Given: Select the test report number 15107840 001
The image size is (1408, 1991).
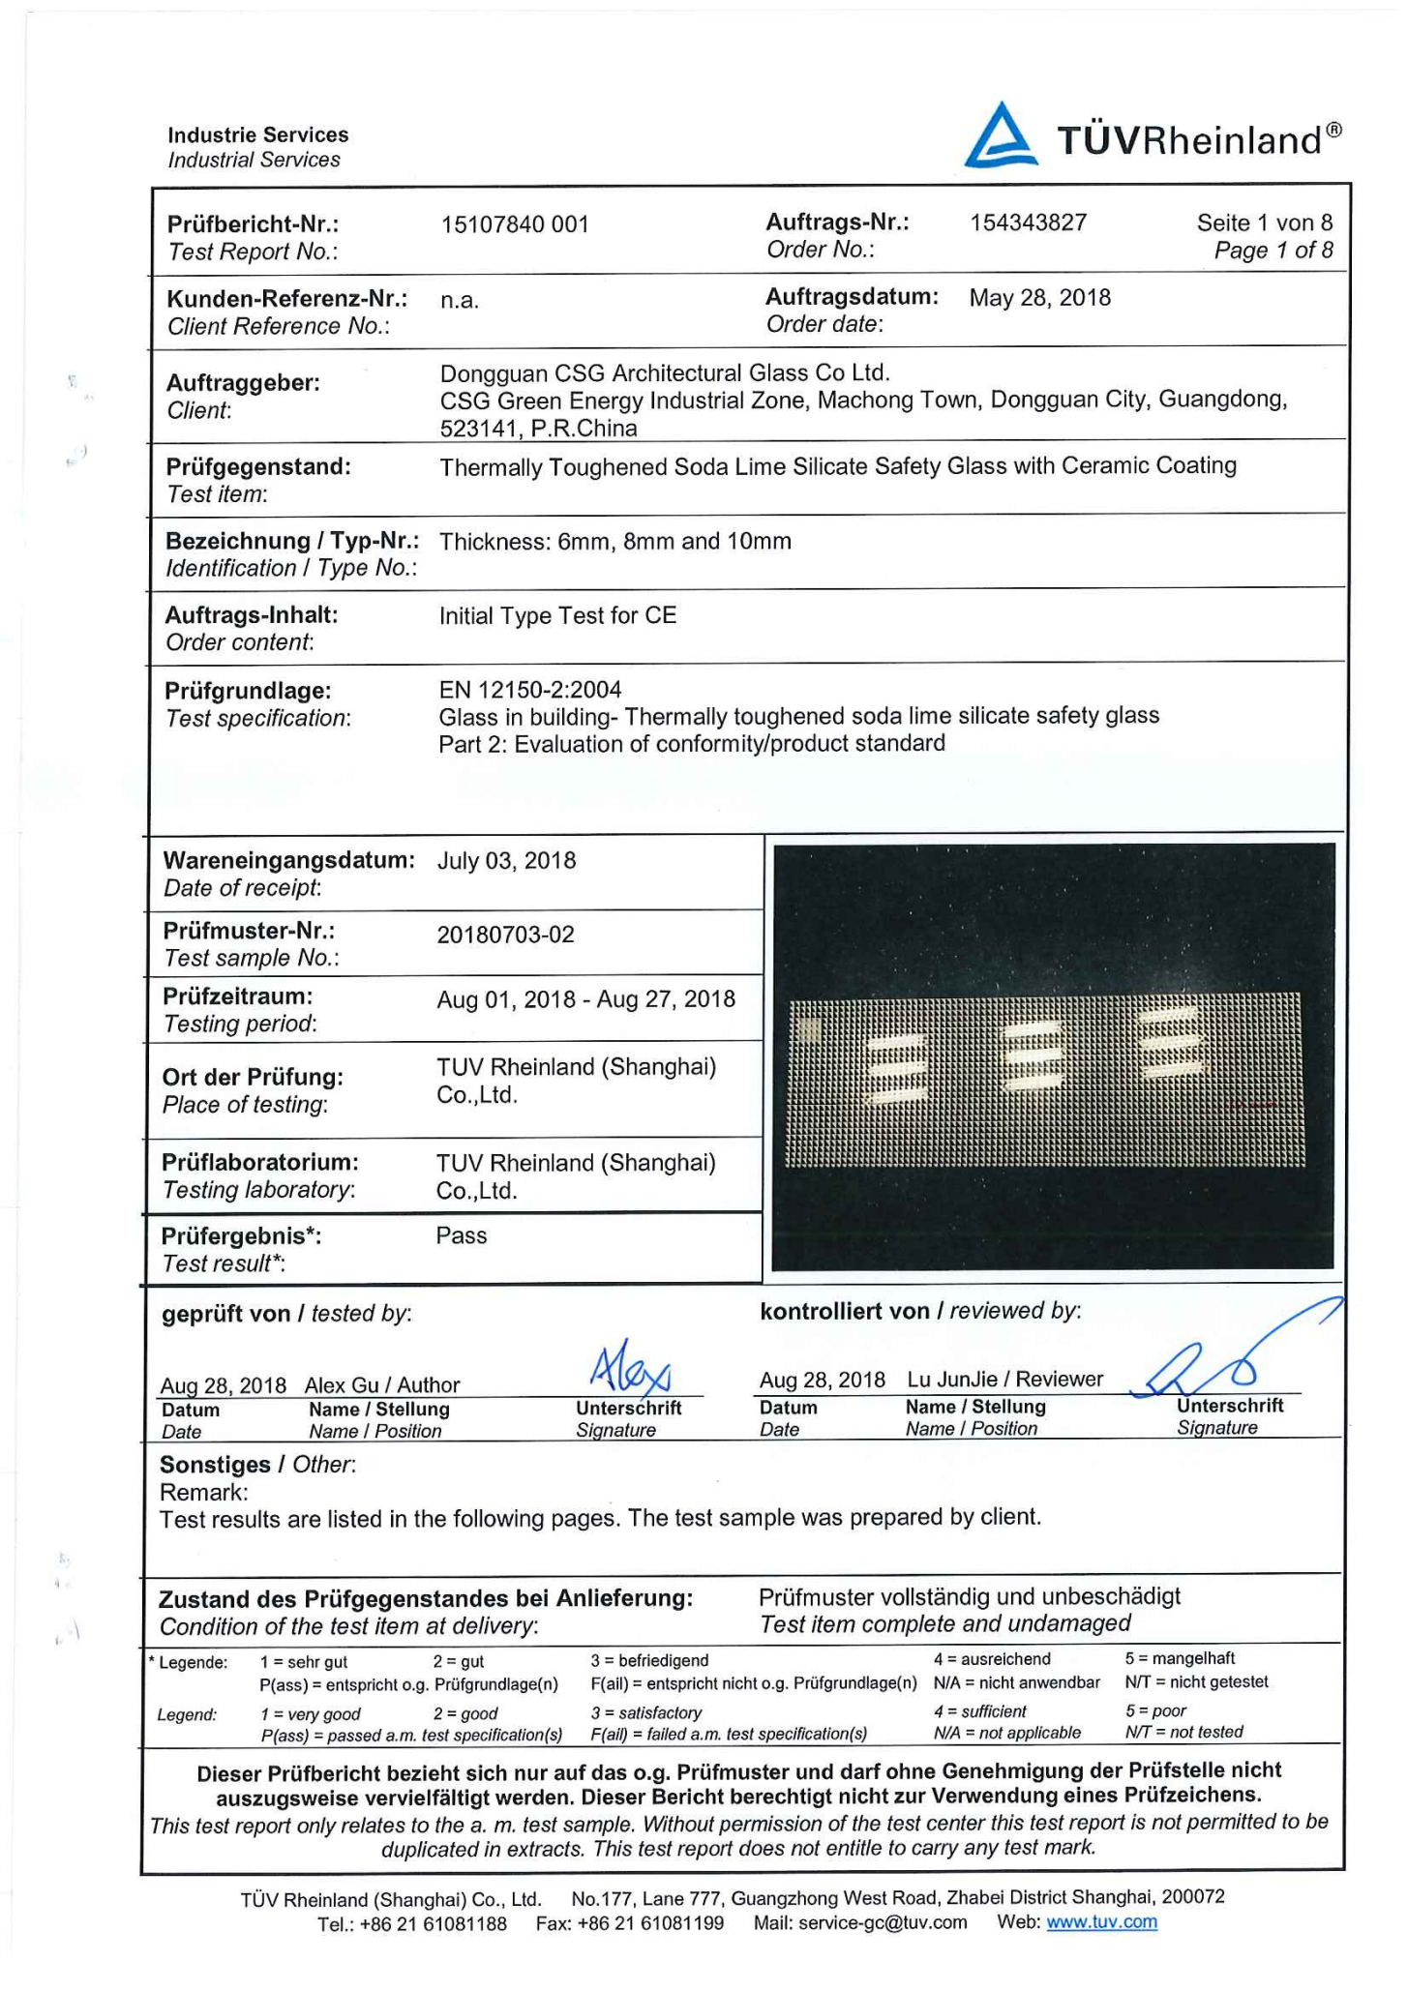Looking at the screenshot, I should pos(515,224).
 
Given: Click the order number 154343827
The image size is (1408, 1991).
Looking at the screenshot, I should pos(1029,223).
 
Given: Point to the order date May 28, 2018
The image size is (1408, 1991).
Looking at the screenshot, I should pos(1040,297).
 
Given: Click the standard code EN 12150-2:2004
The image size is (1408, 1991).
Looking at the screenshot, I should pos(530,690).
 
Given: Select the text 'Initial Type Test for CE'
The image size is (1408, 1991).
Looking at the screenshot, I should pos(557,615).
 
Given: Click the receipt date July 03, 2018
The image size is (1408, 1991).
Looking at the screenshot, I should pos(506,861).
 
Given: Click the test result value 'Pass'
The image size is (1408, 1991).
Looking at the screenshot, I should pos(462,1235).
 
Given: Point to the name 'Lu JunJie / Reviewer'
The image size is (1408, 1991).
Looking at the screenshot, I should pos(1004,1380).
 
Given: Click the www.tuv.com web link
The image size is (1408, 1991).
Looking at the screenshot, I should pos(1101,1922).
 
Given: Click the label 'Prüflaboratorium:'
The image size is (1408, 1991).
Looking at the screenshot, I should pos(260,1162).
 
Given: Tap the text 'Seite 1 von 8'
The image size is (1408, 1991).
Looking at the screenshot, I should pos(1264,223).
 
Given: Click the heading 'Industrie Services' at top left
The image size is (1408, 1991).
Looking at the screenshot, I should pos(257,134).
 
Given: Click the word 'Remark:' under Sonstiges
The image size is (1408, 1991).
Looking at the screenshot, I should pos(203,1492).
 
